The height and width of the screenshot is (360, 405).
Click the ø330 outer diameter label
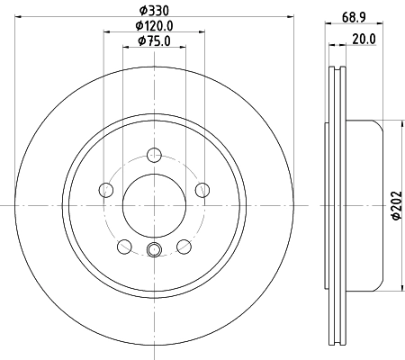(153, 10)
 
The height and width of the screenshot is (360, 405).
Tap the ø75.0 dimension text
(153, 41)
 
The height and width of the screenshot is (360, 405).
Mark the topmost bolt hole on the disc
(153, 154)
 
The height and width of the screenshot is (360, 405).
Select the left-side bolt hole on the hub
(105, 189)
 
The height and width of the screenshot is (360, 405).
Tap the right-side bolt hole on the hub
(202, 189)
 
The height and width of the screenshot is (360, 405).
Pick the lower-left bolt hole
(123, 246)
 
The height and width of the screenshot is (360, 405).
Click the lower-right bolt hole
(184, 246)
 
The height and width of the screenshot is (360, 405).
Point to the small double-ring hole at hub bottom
(153, 250)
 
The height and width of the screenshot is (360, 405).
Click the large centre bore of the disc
(153, 204)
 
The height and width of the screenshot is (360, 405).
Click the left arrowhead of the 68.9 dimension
(328, 26)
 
